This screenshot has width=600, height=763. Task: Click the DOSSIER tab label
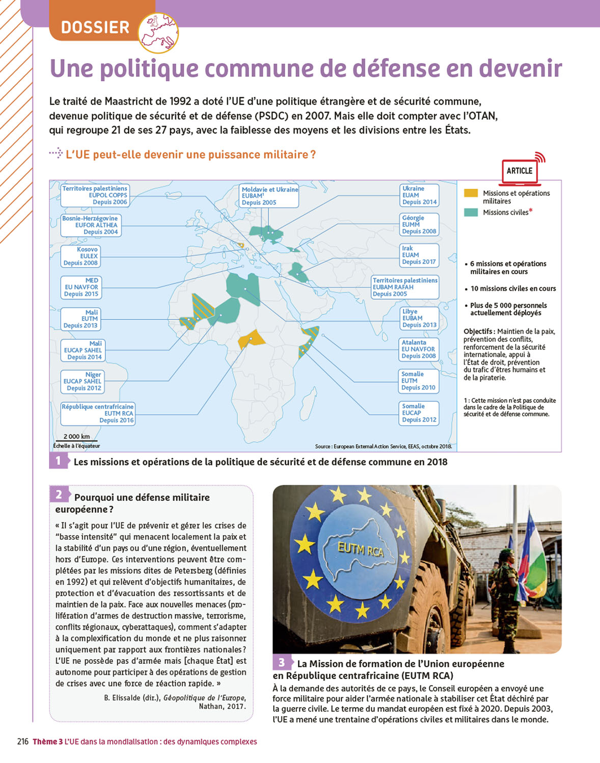click(x=95, y=27)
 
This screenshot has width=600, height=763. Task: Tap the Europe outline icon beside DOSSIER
click(x=158, y=33)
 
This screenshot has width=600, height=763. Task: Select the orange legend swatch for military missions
click(x=471, y=193)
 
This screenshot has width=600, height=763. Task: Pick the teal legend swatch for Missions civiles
click(x=471, y=212)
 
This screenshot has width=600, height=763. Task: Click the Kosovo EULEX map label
click(x=80, y=256)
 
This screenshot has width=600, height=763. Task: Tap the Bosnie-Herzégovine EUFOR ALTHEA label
click(x=90, y=225)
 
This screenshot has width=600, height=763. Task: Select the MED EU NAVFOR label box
click(x=81, y=287)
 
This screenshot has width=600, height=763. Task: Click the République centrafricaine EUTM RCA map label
click(x=98, y=414)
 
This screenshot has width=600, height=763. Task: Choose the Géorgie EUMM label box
click(x=419, y=224)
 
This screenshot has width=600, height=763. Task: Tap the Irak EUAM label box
click(x=419, y=255)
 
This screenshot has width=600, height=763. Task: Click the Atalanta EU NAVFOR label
click(x=419, y=349)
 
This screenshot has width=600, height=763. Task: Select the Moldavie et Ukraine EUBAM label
click(x=269, y=196)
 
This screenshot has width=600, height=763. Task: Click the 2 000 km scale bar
click(x=77, y=441)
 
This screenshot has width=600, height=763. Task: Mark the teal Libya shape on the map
click(x=243, y=287)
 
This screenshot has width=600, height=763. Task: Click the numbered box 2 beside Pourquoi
click(x=59, y=494)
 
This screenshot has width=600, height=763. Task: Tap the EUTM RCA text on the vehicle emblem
click(x=360, y=549)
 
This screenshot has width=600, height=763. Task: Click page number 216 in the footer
click(x=23, y=742)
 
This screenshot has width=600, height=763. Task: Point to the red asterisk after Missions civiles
click(x=531, y=211)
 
